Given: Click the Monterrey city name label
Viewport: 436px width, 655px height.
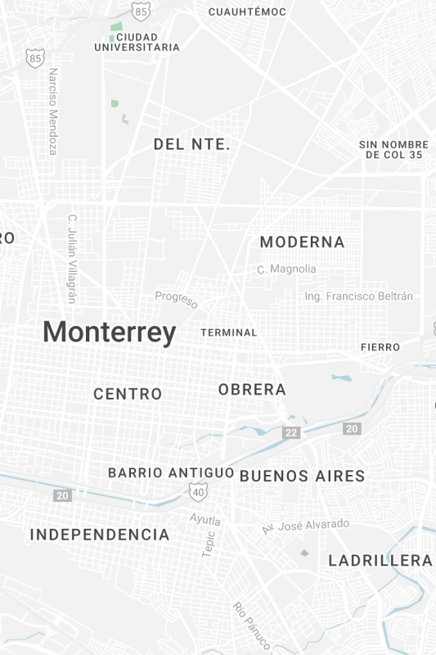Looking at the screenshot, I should (109, 332).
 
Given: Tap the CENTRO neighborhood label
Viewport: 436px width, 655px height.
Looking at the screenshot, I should (128, 394).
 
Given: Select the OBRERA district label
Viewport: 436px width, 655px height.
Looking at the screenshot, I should (252, 390).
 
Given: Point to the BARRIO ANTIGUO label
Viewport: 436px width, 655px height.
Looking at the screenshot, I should (171, 473).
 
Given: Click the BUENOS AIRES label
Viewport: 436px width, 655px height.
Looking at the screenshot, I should (302, 476).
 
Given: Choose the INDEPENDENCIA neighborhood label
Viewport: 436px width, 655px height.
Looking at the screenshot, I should (100, 535).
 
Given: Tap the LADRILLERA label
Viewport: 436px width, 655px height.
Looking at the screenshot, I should (380, 561).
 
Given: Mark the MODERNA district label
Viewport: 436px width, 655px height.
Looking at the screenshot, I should (302, 242).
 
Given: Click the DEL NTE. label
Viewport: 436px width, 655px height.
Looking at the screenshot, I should (192, 145).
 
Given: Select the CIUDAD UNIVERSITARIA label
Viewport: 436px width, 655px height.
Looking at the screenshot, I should (137, 43).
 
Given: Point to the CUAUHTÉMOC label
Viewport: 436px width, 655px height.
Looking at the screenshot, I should (247, 11).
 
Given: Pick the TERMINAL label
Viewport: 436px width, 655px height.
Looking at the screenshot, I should (229, 332).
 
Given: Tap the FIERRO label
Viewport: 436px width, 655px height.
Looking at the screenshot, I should (380, 347).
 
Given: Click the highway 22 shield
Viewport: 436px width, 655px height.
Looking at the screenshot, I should (290, 431).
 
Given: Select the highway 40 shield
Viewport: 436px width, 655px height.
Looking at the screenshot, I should (198, 491).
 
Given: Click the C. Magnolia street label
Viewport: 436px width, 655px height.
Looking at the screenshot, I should (286, 269).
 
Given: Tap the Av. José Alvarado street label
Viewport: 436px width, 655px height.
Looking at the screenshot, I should (305, 526).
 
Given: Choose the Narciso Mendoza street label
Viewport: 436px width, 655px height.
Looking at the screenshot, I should (53, 111).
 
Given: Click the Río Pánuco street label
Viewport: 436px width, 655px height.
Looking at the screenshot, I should (252, 626).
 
